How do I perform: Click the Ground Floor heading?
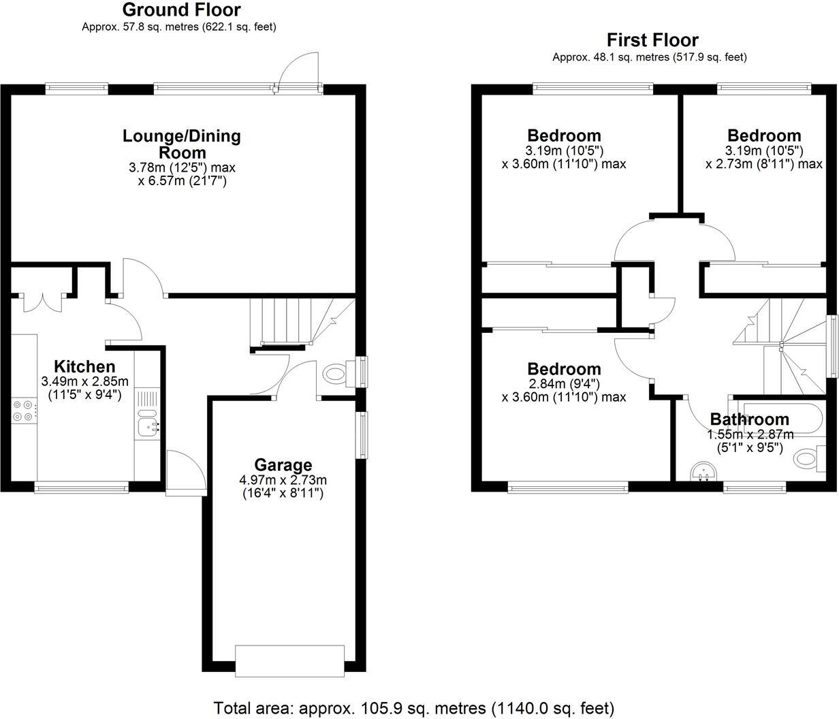pos(180,10)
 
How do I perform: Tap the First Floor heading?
pos(652,40)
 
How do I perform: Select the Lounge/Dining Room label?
pos(182,144)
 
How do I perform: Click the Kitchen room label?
pos(84,366)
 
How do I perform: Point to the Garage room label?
pos(283,465)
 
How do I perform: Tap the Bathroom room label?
pos(750,419)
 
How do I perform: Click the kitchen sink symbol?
pos(147,426)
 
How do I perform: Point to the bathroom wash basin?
pos(702,471)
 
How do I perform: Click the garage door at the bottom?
pos(289,660)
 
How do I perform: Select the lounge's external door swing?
pos(298,71)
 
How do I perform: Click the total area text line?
pos(414,707)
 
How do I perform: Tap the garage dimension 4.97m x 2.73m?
pos(283,480)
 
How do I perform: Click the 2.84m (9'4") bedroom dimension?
pos(565,384)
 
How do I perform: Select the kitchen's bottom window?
pos(81,487)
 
